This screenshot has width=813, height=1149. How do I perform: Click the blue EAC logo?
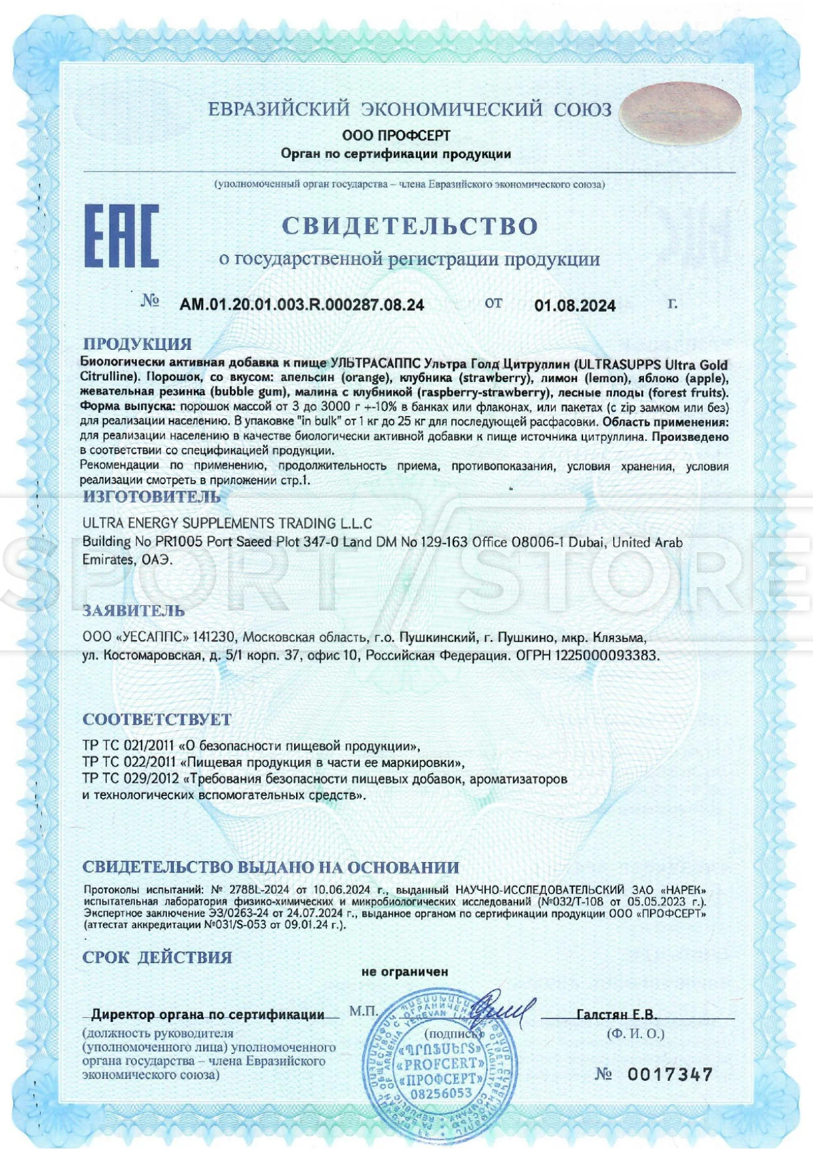[x=121, y=236]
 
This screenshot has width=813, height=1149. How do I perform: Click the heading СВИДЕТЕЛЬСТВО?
[x=410, y=226]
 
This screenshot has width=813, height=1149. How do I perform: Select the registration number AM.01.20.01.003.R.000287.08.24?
[x=302, y=305]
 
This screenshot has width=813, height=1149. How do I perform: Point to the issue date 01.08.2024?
[x=575, y=305]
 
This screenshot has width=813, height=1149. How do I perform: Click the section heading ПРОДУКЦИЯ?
[x=137, y=344]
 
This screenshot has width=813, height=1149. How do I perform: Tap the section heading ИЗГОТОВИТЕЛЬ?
[x=151, y=496]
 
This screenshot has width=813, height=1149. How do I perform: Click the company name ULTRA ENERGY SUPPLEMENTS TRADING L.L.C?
[x=227, y=523]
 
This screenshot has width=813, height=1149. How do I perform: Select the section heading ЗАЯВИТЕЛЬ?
[x=134, y=611]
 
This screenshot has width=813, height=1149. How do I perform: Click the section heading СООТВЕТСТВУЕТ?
[x=157, y=719]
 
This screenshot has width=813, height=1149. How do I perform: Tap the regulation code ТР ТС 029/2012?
[x=130, y=779]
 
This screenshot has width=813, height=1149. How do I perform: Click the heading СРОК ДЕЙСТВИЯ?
[x=157, y=957]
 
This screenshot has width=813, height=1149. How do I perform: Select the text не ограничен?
[x=405, y=971]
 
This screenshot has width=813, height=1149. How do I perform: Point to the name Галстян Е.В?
[x=616, y=1015]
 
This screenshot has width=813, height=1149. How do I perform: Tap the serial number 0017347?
[x=670, y=1074]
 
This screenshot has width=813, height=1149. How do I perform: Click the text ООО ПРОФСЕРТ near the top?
[x=396, y=136]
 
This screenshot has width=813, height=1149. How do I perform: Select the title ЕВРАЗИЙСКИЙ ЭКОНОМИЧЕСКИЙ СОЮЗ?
[x=410, y=109]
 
